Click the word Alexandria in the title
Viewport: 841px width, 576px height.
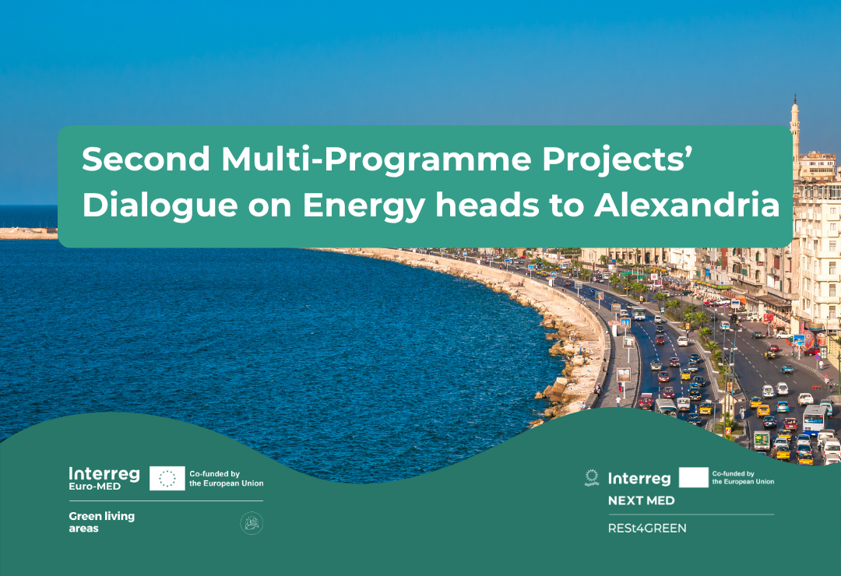click(687, 205)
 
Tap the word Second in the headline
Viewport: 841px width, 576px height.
click(146, 159)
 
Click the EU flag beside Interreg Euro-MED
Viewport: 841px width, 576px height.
click(167, 478)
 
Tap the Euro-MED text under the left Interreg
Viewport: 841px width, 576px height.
click(94, 486)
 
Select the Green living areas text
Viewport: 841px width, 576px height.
click(101, 522)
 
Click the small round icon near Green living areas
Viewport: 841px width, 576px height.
click(251, 523)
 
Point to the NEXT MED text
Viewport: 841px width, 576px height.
click(641, 500)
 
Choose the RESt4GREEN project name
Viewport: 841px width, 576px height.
click(647, 529)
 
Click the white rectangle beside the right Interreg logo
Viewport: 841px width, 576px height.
click(693, 477)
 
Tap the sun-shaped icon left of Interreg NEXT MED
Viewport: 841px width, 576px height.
click(592, 477)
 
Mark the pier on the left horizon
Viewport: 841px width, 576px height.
click(29, 234)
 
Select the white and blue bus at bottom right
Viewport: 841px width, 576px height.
click(815, 419)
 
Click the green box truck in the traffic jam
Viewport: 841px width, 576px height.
click(762, 441)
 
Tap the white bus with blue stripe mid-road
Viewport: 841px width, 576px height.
click(639, 313)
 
